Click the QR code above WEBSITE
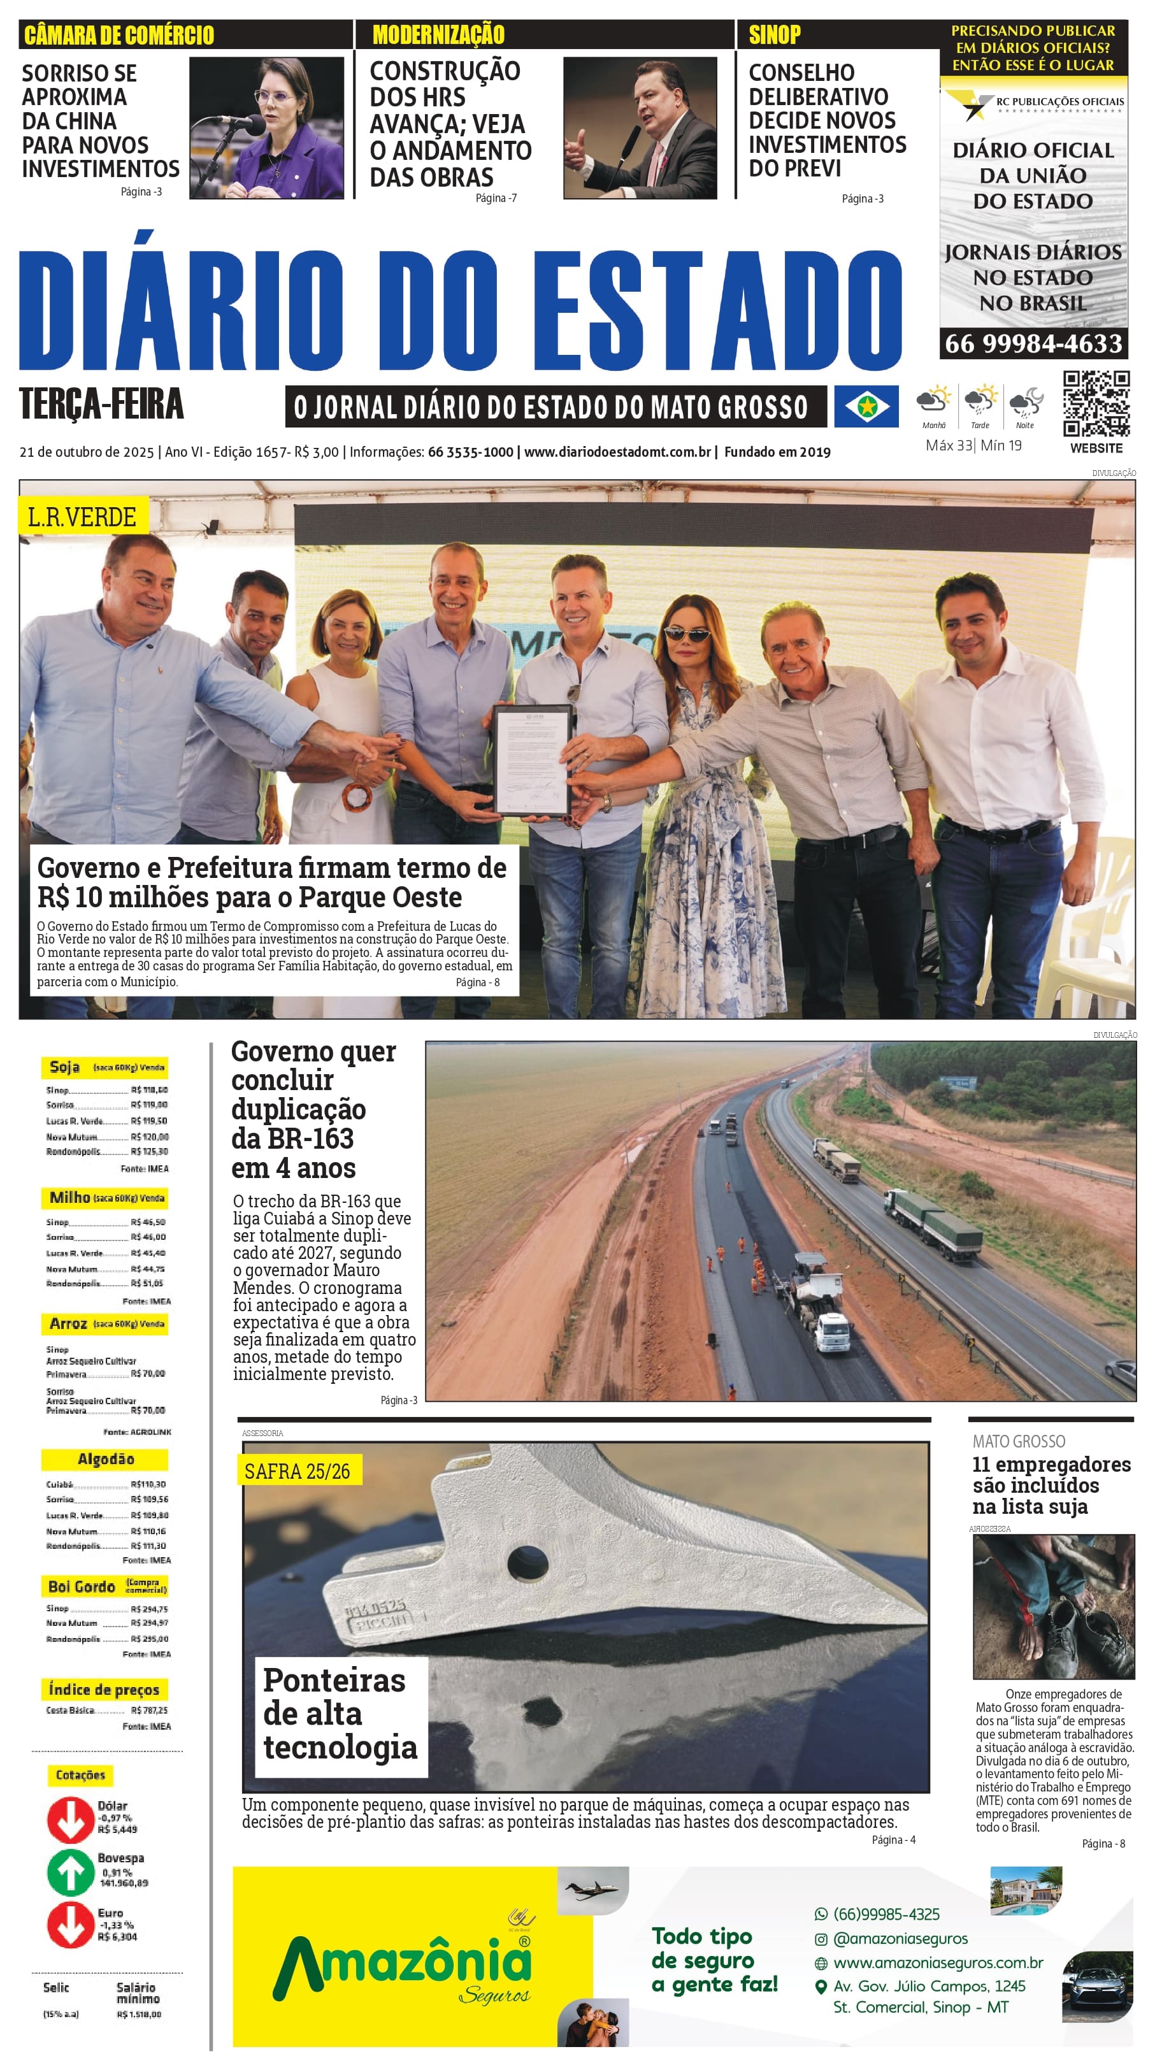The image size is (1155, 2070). [1096, 403]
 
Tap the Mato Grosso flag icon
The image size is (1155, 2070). [866, 406]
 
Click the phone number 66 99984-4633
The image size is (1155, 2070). [1033, 344]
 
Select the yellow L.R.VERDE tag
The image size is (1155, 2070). [82, 517]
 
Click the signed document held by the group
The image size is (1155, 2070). [533, 759]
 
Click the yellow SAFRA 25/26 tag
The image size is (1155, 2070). [298, 1470]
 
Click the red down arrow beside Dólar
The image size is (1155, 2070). [70, 1818]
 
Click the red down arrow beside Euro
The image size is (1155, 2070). [70, 1925]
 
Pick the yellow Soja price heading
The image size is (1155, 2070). [104, 1067]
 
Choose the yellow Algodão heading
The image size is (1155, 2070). [105, 1458]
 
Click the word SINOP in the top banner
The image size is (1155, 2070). [774, 34]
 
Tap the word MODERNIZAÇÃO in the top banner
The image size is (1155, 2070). [438, 34]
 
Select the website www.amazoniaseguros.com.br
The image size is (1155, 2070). [938, 1962]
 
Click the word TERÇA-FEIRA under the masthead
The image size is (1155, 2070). [101, 403]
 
